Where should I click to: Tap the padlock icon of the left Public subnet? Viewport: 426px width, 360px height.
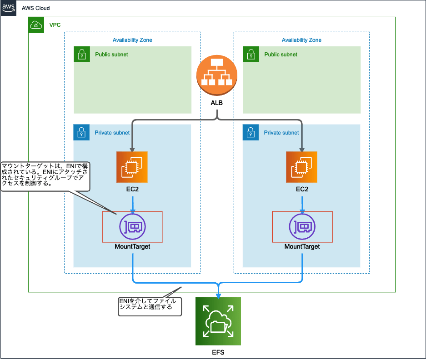pyautogui.click(x=81, y=55)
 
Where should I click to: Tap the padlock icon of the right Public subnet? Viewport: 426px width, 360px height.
pyautogui.click(x=251, y=55)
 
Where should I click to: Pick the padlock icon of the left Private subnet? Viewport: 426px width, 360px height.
pyautogui.click(x=81, y=133)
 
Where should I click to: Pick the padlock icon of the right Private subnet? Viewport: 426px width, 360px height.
pyautogui.click(x=251, y=133)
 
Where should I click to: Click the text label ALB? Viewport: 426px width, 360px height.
pyautogui.click(x=217, y=103)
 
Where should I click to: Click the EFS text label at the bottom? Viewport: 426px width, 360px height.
pyautogui.click(x=218, y=352)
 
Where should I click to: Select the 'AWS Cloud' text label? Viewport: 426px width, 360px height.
pyautogui.click(x=36, y=8)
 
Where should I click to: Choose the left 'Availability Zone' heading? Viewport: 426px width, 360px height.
pyautogui.click(x=132, y=40)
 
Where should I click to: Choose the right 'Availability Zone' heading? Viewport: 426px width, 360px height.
pyautogui.click(x=301, y=40)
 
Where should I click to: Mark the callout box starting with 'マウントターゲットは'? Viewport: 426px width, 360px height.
pyautogui.click(x=45, y=175)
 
